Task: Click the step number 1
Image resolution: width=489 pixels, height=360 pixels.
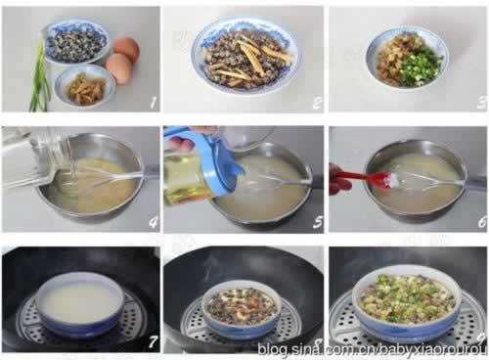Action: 152,103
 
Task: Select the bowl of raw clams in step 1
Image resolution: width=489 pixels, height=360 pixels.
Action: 77,42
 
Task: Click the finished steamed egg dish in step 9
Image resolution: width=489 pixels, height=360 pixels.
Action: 406,298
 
